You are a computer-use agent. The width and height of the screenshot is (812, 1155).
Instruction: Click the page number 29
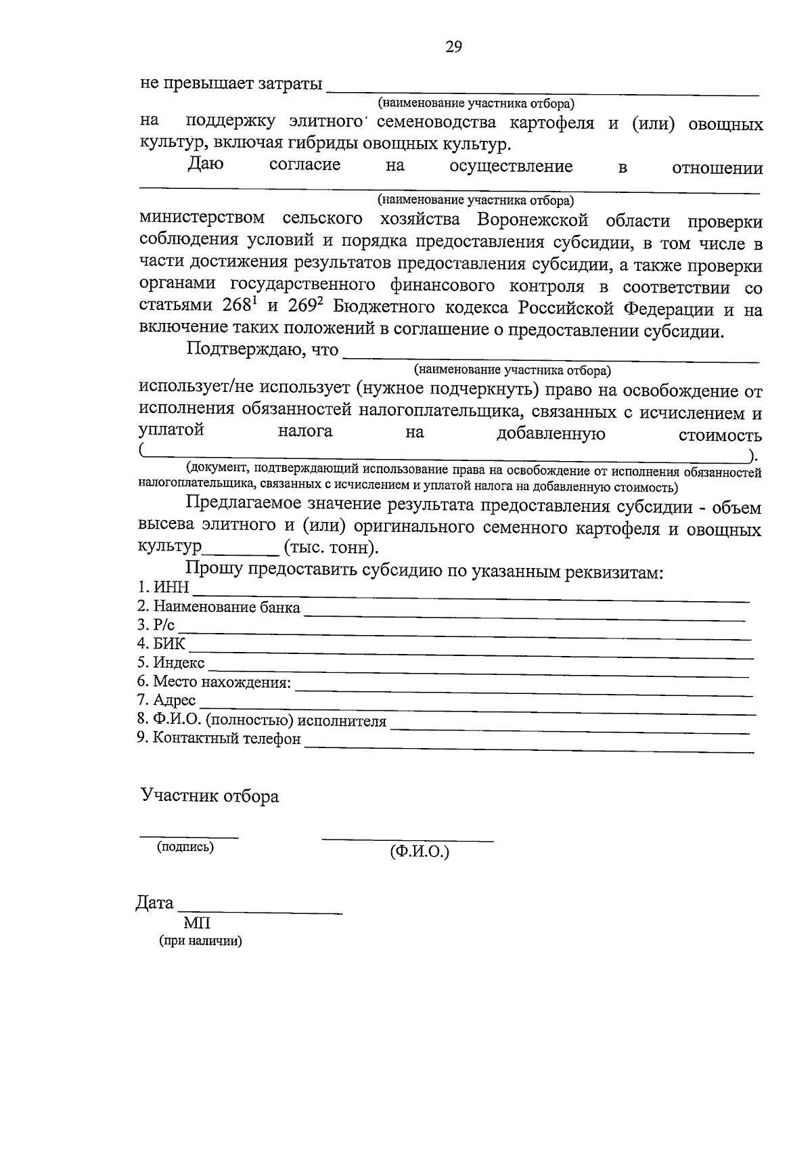point(453,47)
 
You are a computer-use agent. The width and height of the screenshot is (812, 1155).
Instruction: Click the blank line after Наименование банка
point(524,613)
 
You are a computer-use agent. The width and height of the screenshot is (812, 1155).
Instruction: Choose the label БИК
point(168,643)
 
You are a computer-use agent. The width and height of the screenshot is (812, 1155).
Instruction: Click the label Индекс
point(179,663)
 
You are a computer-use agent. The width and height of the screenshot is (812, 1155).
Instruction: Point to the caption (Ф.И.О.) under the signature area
point(420,852)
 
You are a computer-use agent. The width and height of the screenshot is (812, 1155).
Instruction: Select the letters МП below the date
point(197,923)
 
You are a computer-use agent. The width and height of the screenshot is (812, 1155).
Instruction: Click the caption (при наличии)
point(200,941)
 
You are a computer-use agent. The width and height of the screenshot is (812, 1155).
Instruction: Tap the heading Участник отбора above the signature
point(210,796)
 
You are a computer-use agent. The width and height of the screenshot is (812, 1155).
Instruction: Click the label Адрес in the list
point(175,700)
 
